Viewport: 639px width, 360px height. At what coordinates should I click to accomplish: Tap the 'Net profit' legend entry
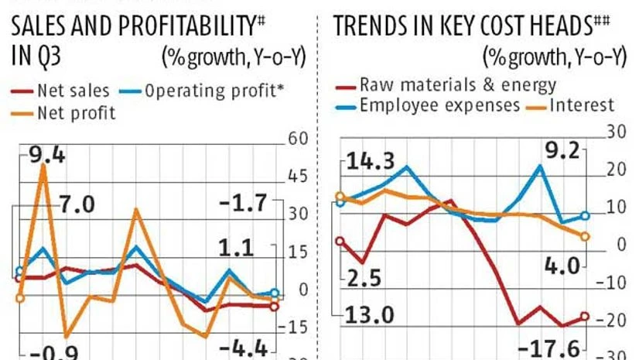point(75,113)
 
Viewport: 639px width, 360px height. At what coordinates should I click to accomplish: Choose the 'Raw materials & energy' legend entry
point(456,84)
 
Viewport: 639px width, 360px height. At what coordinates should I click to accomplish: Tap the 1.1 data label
point(236,249)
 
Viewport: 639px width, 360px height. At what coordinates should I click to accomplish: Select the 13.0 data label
point(368,316)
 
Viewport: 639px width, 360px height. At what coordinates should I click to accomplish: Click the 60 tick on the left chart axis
point(299,139)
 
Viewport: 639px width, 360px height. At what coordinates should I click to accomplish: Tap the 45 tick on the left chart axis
point(299,177)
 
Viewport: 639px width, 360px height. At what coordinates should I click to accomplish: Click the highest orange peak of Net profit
point(43,166)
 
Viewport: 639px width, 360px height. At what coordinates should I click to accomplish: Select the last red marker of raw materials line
point(585,316)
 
